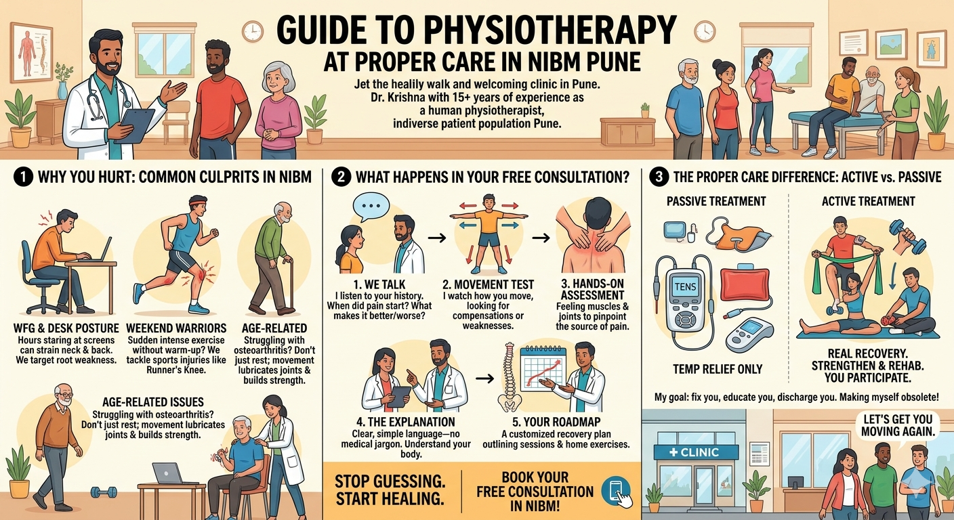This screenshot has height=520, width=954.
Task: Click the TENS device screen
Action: [685, 287]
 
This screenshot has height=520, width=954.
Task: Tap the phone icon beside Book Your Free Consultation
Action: [616, 491]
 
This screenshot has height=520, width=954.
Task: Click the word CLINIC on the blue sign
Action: [700, 452]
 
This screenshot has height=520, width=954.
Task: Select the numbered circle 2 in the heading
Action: [341, 177]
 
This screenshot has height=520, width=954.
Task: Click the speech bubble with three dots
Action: [371, 207]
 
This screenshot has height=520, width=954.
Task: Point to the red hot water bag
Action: [745, 284]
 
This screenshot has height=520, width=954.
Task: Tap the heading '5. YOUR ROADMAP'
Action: [557, 422]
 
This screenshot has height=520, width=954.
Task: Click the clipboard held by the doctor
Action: [137, 125]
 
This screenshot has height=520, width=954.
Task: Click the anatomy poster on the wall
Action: [30, 52]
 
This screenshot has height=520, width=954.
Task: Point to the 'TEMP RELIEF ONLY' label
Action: [718, 369]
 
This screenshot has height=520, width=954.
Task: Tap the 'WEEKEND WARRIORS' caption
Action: [176, 328]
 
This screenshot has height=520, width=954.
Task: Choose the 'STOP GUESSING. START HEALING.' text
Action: [390, 490]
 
